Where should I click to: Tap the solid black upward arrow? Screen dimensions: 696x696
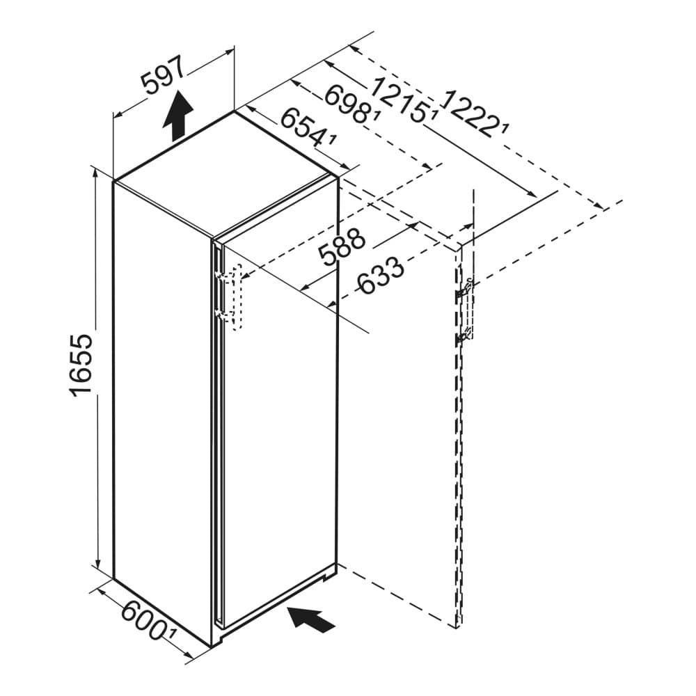(178, 115)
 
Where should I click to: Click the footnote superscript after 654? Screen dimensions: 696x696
(333, 140)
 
